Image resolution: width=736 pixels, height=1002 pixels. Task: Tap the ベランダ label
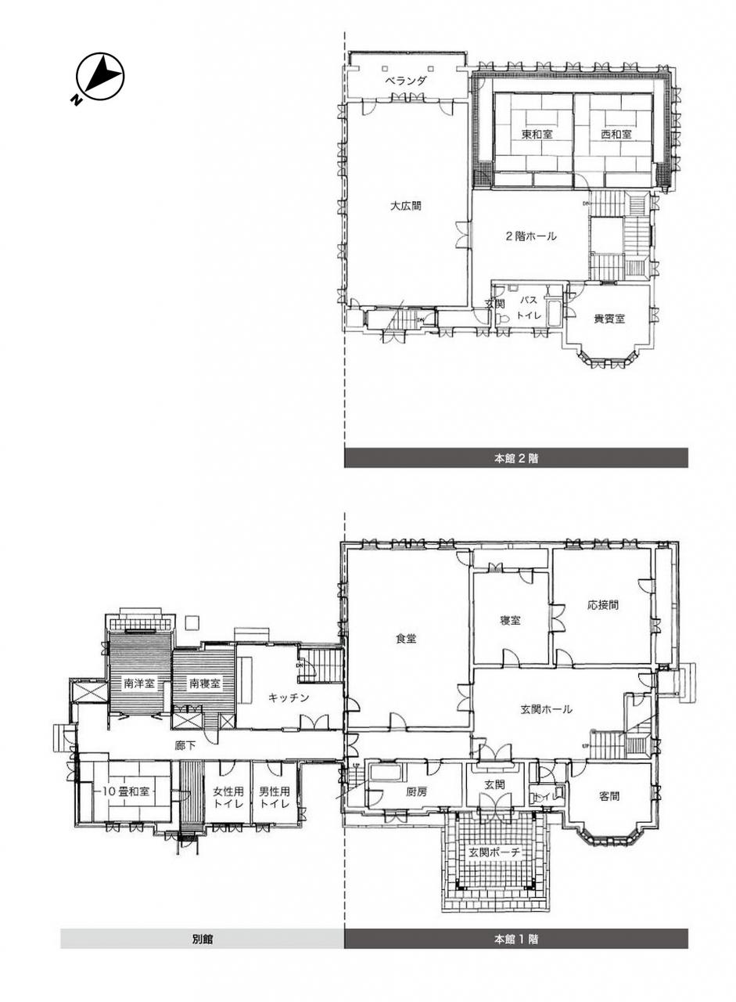(406, 81)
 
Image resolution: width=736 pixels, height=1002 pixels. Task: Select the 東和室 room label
(537, 134)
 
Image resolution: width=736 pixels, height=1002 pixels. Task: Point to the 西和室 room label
(616, 134)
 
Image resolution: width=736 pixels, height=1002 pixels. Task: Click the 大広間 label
(406, 206)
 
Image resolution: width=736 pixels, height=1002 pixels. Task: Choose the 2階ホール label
(531, 236)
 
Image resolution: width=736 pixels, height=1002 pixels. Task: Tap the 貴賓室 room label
(609, 319)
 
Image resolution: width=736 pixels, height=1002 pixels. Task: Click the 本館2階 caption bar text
(515, 458)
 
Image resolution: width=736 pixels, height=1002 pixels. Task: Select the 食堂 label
(406, 639)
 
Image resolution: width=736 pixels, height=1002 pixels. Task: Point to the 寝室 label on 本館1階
(510, 621)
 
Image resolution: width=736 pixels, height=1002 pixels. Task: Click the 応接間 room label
(603, 605)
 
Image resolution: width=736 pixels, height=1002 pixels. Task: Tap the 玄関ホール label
(546, 709)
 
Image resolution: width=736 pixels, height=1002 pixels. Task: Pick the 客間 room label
(609, 796)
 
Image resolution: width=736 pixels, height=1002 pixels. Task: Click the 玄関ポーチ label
(494, 852)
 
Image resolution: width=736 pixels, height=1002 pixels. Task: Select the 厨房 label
(416, 791)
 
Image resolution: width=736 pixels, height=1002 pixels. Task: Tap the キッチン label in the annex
(289, 697)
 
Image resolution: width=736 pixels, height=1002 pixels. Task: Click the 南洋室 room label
(139, 683)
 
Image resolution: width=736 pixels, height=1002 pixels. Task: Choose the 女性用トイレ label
(228, 797)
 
